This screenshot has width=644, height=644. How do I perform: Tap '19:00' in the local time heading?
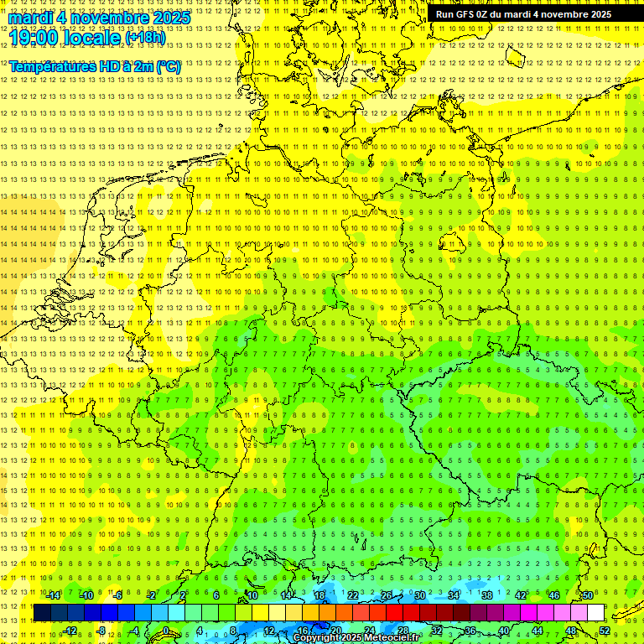[x=34, y=38]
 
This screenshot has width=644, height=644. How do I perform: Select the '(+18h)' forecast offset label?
[x=145, y=38]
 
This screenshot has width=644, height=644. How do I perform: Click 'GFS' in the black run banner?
[x=465, y=14]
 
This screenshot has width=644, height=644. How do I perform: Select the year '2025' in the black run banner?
[x=597, y=14]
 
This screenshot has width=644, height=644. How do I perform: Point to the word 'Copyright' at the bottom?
[x=316, y=638]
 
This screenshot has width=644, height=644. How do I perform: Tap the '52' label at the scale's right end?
[x=605, y=631]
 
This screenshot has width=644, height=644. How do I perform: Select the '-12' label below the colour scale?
[x=70, y=631]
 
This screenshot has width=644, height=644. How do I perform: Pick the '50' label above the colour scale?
[x=588, y=595]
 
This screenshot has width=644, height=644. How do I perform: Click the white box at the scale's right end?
[x=595, y=613]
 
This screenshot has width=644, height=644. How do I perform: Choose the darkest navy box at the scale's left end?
[x=42, y=613]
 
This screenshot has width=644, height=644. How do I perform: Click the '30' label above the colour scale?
[x=419, y=595]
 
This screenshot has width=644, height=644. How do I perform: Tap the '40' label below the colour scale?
[x=504, y=631]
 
